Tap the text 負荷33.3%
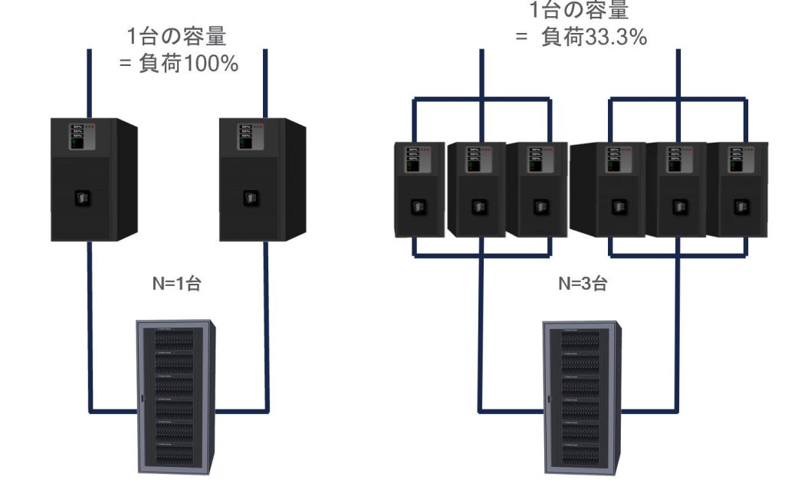pyautogui.click(x=594, y=37)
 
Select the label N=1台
pyautogui.click(x=176, y=283)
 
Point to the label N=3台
pyautogui.click(x=583, y=283)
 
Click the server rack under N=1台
pyautogui.click(x=176, y=394)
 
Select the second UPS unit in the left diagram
pyautogui.click(x=261, y=179)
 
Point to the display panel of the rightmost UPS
pyautogui.click(x=737, y=157)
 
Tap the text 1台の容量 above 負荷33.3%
pyautogui.click(x=579, y=10)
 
